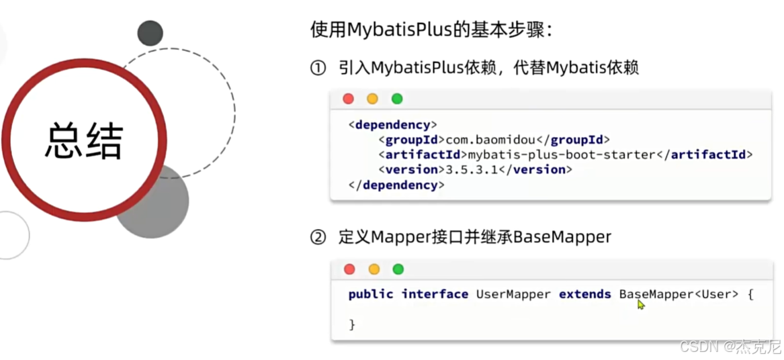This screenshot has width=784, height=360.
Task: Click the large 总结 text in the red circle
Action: (83, 140)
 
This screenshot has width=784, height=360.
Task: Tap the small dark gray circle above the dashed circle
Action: (150, 34)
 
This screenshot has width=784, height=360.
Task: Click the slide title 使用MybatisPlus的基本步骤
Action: (431, 30)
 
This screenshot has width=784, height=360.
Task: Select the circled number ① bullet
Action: (318, 68)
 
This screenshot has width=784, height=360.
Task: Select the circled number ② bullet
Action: (318, 237)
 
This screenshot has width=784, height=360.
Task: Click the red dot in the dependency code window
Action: (348, 99)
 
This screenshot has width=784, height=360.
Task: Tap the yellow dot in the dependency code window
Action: (372, 99)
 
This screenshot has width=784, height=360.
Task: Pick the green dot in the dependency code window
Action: (397, 99)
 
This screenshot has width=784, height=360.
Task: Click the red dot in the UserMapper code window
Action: (349, 269)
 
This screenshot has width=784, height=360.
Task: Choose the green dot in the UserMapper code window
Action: (398, 269)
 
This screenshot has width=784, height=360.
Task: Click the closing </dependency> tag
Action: (396, 185)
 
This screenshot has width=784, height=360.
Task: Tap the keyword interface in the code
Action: (435, 294)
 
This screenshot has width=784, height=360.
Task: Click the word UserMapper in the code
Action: (513, 294)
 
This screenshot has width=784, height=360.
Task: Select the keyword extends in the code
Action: (584, 294)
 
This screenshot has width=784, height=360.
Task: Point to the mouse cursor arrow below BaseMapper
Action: (641, 305)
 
